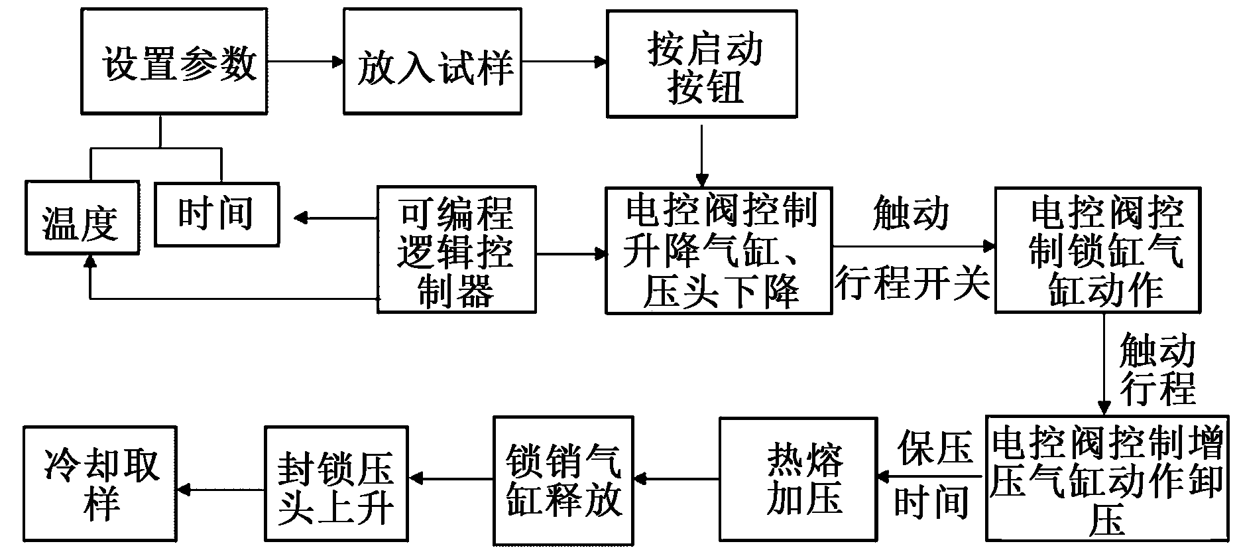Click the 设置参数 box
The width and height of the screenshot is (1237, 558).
pyautogui.click(x=174, y=61)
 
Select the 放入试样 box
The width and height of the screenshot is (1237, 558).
pyautogui.click(x=432, y=61)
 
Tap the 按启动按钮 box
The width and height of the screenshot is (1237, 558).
pyautogui.click(x=701, y=64)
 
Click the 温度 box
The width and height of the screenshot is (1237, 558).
pyautogui.click(x=82, y=218)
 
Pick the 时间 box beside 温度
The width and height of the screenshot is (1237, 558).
pyautogui.click(x=216, y=214)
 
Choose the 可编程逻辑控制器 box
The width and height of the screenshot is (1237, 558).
pyautogui.click(x=456, y=249)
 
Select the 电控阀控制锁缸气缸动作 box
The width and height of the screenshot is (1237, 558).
pyautogui.click(x=1097, y=249)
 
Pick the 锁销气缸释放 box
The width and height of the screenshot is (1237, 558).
pyautogui.click(x=563, y=479)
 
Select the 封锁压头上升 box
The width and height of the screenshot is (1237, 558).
pyautogui.click(x=335, y=484)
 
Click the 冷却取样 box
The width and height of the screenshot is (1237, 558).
pyautogui.click(x=100, y=484)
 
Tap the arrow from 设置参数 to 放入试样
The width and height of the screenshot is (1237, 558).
pyautogui.click(x=305, y=62)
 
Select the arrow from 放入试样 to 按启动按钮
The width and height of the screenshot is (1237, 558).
pyautogui.click(x=564, y=62)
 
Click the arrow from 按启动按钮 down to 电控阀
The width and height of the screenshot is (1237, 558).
pyautogui.click(x=701, y=153)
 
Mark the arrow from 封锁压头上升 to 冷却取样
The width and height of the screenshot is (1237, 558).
pyautogui.click(x=221, y=490)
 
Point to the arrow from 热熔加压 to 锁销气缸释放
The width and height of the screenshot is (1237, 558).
pyautogui.click(x=677, y=478)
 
